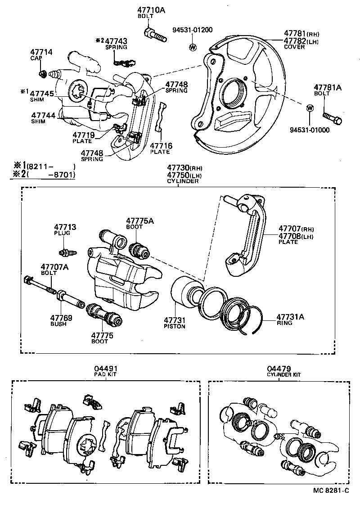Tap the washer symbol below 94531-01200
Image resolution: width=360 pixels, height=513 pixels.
[193, 47]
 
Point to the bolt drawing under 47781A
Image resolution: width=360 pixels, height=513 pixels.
[333, 118]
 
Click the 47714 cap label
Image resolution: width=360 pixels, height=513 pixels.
[41, 53]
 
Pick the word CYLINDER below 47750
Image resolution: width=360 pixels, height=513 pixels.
[183, 181]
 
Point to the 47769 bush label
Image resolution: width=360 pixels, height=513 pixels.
[61, 317]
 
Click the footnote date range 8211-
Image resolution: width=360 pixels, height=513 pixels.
[49, 167]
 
